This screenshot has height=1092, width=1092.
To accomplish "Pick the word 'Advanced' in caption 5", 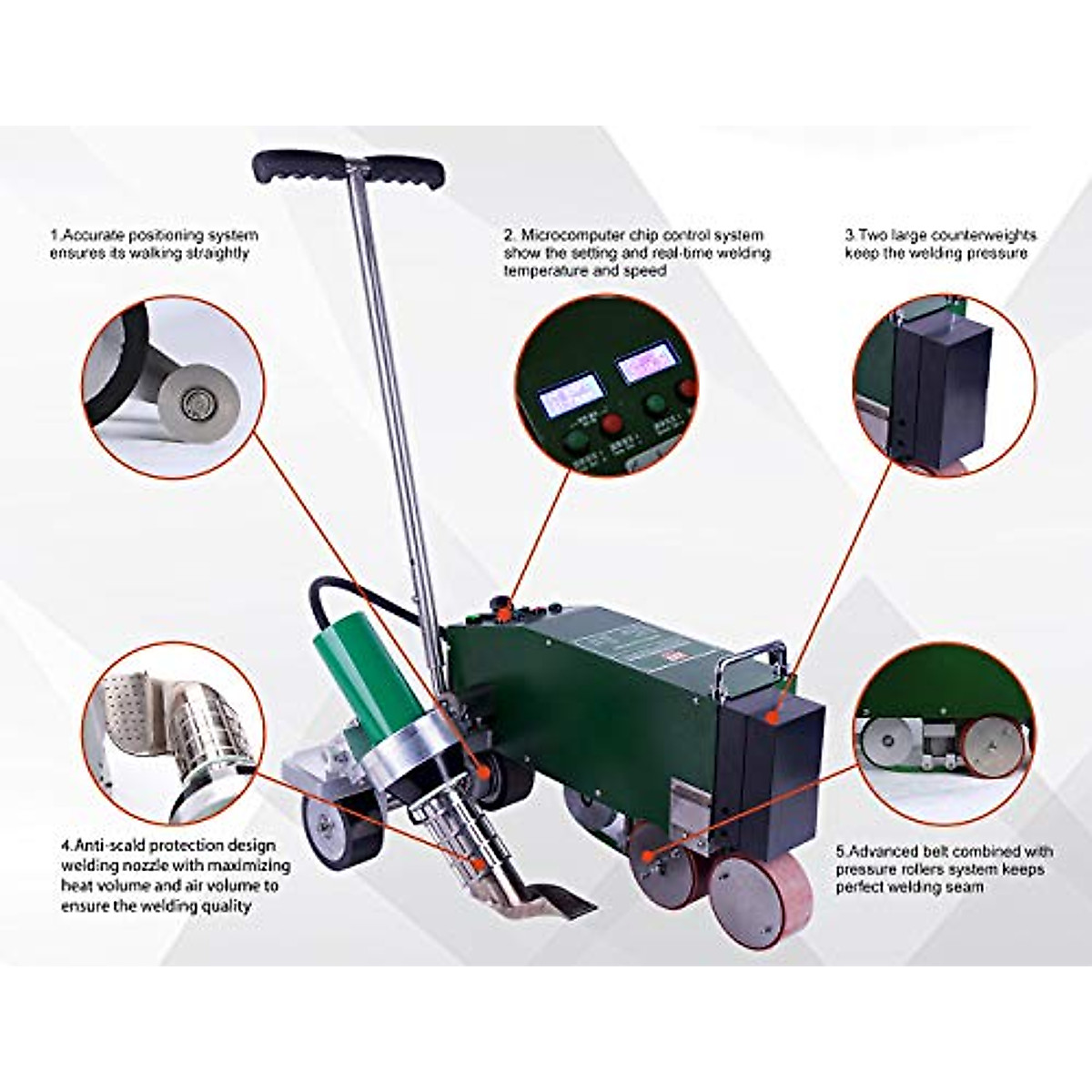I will pos(892,852).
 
